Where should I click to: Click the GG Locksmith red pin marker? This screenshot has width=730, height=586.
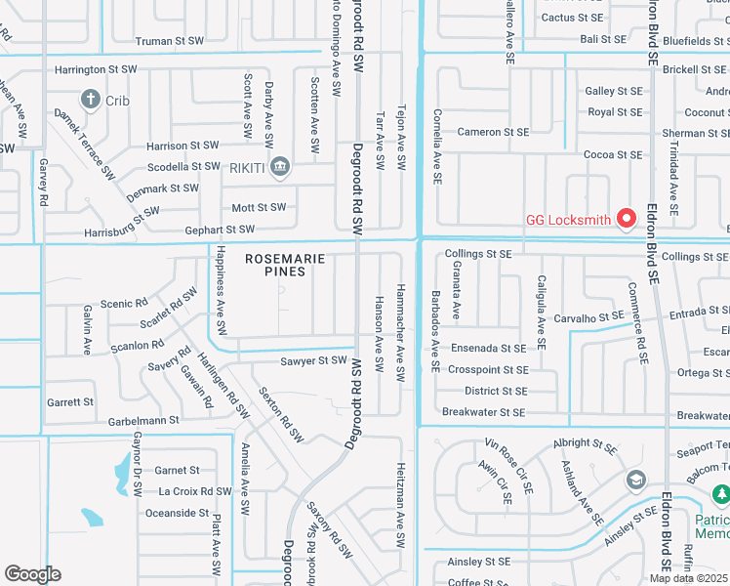(x=629, y=218)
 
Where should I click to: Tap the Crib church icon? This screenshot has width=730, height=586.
(x=91, y=99)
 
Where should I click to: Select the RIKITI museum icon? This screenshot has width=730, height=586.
(x=281, y=167)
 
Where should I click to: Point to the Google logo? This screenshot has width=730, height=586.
(x=32, y=574)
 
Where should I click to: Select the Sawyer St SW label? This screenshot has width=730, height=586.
(x=312, y=361)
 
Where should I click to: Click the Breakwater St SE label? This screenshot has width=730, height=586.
(x=483, y=413)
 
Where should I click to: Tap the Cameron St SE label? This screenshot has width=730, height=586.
(x=492, y=133)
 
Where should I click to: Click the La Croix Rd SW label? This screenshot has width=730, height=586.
(x=193, y=491)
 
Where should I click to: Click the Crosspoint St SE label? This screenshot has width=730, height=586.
(x=488, y=370)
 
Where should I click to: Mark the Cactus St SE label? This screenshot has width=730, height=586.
(x=572, y=18)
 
